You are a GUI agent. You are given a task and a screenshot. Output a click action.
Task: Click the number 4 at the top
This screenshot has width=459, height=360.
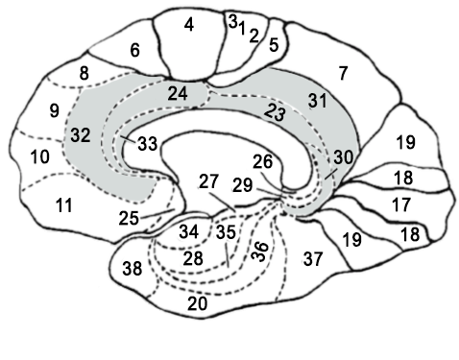coord(189,25)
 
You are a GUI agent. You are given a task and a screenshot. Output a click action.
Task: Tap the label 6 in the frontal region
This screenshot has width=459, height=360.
coord(135,50)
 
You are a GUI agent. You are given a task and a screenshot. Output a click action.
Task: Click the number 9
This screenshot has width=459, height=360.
coord(54,109)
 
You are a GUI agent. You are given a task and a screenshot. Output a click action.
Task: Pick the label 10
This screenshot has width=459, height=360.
coord(39,156)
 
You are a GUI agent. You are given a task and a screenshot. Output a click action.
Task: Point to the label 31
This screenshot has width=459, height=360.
coord(317,99)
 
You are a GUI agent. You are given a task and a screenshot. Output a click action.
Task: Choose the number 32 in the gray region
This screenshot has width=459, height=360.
coord(80,135)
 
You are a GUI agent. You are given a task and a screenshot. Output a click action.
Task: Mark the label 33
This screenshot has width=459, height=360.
coord(147,145)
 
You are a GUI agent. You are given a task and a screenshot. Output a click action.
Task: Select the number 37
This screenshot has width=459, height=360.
coord(313,258)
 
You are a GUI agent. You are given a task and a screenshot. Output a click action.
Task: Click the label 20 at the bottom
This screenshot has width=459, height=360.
coord(198,303)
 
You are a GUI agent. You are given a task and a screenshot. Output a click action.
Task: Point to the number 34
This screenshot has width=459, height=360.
coord(188,231)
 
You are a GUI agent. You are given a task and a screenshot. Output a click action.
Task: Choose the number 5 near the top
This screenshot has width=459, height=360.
coord(274,43)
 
